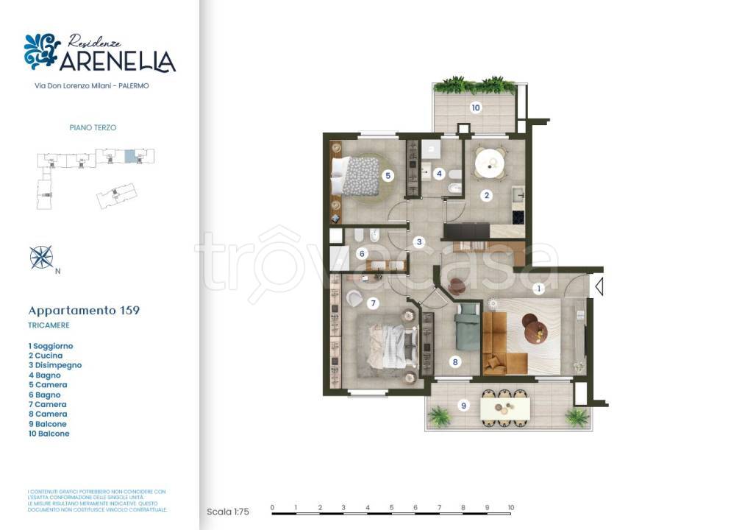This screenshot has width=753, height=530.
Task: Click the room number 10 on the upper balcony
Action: pos(476,107)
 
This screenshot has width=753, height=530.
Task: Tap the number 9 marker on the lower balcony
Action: pos(463,404)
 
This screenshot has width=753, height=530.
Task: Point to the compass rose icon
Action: pos(41,257)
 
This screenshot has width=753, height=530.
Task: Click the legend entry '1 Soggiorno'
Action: pos(51,346)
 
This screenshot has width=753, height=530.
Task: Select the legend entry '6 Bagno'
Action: pos(45,395)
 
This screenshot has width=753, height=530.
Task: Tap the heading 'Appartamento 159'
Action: pos(84,311)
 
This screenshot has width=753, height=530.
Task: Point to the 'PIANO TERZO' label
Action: pos(93,127)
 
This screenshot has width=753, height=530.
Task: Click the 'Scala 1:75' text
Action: pos(228,512)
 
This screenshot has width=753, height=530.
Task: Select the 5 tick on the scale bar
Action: pos(391,508)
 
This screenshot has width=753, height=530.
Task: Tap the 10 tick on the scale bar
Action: pos(510,508)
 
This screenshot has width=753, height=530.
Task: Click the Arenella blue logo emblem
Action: pos(42,52)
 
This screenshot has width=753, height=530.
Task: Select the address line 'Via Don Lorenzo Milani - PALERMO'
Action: pos(92,86)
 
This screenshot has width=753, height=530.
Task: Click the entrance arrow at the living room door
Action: pos(599,286)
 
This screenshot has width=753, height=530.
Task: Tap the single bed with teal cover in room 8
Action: pos(467,331)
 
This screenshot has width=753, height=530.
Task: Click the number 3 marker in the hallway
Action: pos(419,241)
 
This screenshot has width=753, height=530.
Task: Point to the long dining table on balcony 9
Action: pos(504,408)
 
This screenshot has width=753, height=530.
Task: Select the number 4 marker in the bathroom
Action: pos(439,174)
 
